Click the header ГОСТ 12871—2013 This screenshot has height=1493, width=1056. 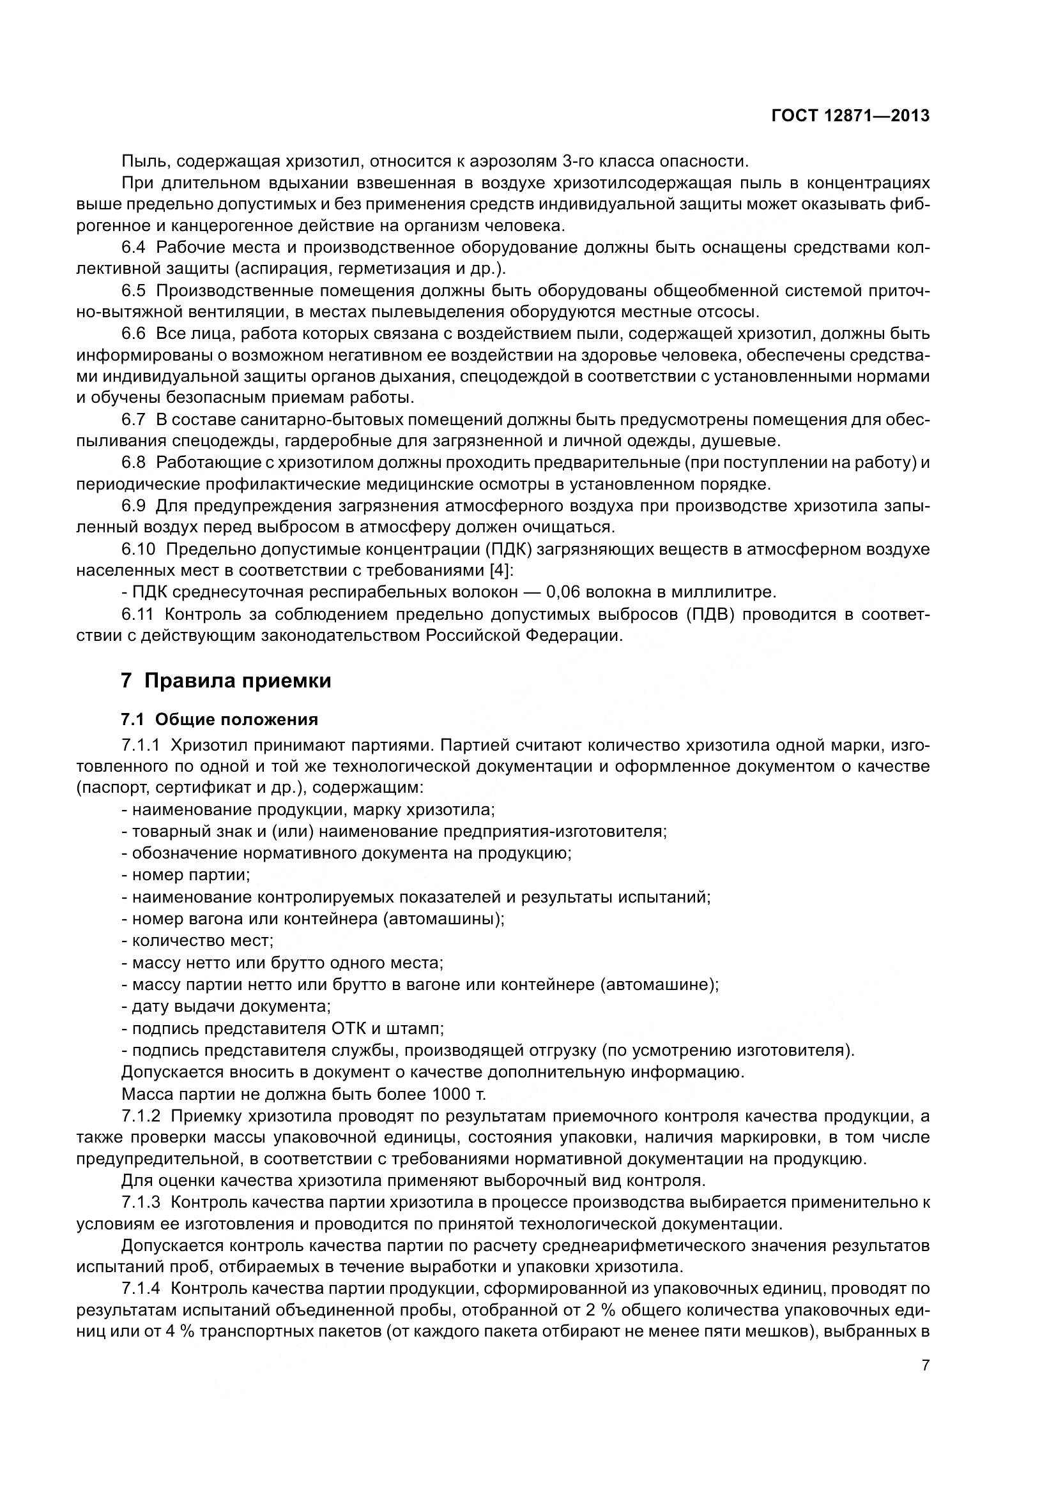point(850,116)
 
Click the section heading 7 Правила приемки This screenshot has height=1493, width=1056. point(226,681)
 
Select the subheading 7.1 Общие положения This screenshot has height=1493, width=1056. point(219,719)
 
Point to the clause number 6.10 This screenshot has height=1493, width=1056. point(138,549)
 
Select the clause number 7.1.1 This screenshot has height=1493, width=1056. point(140,744)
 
